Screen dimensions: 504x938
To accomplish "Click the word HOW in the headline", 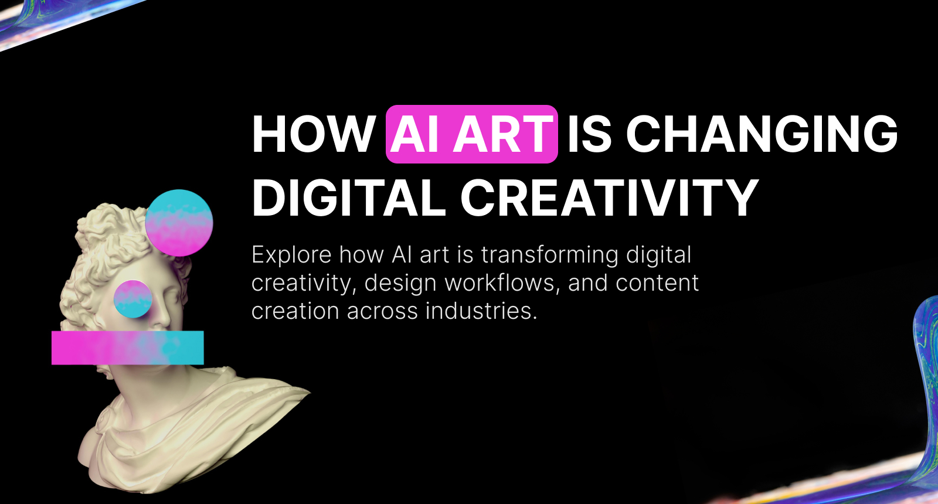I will (x=314, y=135).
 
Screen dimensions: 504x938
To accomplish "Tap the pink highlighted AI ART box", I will (x=471, y=134).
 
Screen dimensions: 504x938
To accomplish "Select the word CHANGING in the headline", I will (x=762, y=134).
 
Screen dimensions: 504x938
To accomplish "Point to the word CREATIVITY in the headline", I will (x=610, y=198).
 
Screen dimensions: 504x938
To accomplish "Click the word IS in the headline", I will (x=589, y=134).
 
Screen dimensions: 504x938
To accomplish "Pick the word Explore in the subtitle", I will (x=291, y=256).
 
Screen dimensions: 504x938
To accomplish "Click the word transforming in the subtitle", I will (x=550, y=256).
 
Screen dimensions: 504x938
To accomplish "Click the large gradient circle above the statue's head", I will (x=179, y=223).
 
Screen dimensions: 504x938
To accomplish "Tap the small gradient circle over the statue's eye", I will (x=133, y=299).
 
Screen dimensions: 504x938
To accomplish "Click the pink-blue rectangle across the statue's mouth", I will (x=127, y=348).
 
